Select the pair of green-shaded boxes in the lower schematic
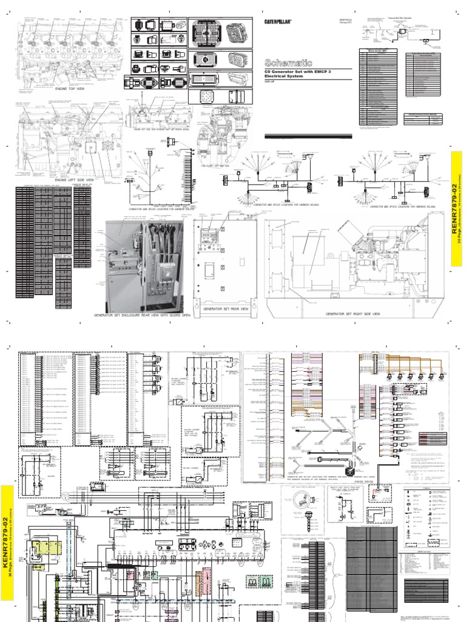(257, 581)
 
